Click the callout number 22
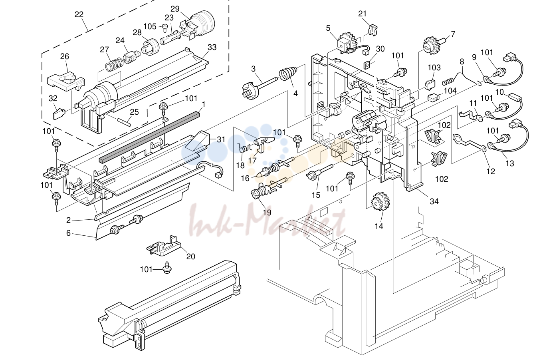point(79,14)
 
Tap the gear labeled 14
point(380,202)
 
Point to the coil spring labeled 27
point(114,64)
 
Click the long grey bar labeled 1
point(149,138)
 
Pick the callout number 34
point(434,201)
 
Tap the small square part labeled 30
point(367,65)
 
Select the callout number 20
point(190,257)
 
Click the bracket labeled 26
point(66,80)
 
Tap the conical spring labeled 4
point(288,73)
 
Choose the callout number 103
point(434,68)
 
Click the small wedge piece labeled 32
point(59,113)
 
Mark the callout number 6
point(68,233)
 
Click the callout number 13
point(510,163)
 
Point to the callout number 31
point(221,139)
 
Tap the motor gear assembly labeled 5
point(347,44)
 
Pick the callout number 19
point(267,213)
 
